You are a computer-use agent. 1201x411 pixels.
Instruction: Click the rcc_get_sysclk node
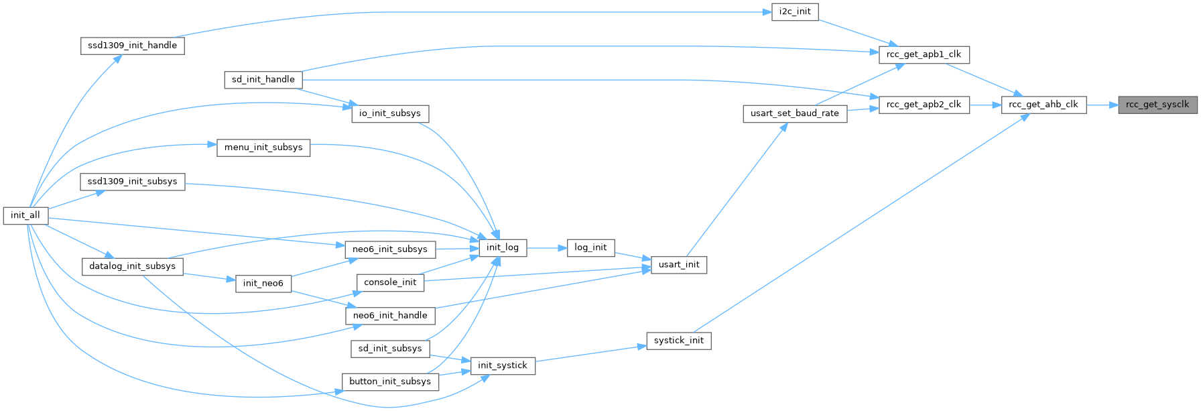click(x=1157, y=105)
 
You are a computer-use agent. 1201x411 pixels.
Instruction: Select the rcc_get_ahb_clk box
click(x=1044, y=105)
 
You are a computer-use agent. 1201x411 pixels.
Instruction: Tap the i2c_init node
click(x=795, y=12)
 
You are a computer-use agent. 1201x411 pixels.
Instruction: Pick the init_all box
click(x=25, y=215)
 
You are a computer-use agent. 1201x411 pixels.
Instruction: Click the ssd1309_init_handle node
click(x=132, y=46)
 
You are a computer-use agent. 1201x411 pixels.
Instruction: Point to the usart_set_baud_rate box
click(x=795, y=113)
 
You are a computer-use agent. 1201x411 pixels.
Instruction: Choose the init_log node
click(x=503, y=247)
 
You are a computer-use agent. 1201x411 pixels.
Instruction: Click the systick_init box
click(x=679, y=341)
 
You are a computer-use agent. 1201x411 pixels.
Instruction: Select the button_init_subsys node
click(x=390, y=381)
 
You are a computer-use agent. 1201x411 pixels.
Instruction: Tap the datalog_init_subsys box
click(x=132, y=266)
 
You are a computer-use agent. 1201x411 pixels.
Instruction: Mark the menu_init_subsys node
click(x=263, y=148)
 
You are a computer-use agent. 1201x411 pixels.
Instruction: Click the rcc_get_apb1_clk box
click(x=924, y=55)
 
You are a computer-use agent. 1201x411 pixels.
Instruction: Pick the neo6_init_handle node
click(x=390, y=316)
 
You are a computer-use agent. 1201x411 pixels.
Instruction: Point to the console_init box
click(x=390, y=282)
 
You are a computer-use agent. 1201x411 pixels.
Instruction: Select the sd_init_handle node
click(x=263, y=80)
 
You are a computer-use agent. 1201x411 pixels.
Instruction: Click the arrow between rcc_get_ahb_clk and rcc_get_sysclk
click(x=1102, y=105)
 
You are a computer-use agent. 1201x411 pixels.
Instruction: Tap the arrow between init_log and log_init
click(x=547, y=248)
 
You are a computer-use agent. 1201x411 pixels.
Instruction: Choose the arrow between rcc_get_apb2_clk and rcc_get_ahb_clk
click(x=985, y=105)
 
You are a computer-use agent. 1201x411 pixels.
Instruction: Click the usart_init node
click(x=679, y=265)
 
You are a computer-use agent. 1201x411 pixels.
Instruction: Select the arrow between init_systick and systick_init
click(x=590, y=353)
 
